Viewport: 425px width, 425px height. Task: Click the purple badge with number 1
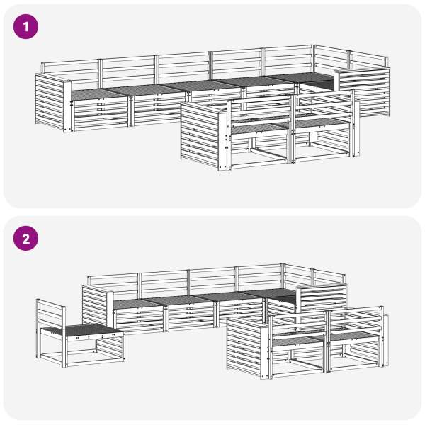25,27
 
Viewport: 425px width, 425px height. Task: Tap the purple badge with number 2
25,239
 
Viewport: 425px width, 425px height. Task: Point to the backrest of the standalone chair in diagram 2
51,312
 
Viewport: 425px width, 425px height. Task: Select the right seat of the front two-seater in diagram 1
320,123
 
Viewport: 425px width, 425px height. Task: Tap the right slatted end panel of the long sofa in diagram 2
322,299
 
